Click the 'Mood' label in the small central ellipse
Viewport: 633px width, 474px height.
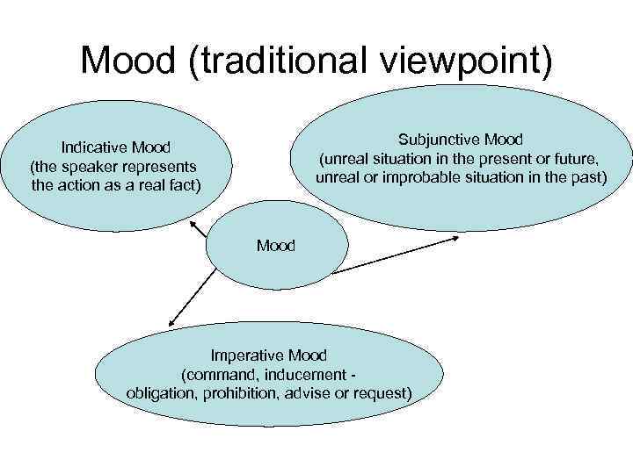(276, 246)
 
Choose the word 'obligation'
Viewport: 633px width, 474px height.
(164, 392)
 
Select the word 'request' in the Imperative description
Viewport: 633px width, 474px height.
(382, 392)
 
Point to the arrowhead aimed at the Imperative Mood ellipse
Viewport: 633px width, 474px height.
(168, 326)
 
